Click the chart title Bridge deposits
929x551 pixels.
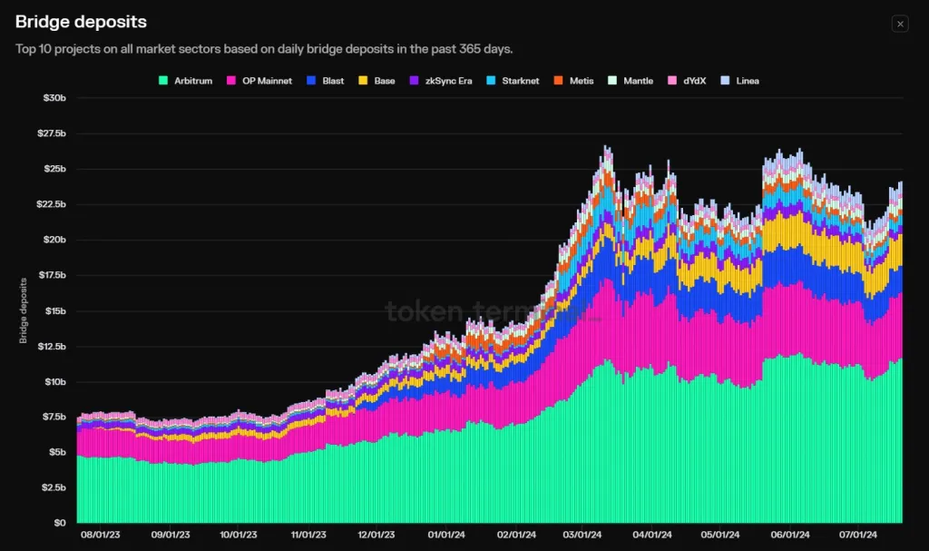coord(81,22)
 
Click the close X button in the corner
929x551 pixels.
coord(900,24)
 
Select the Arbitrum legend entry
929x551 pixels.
coord(186,81)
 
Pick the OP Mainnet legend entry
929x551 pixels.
coord(260,81)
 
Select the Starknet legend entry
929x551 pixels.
coord(513,81)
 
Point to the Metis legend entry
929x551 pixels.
coord(575,81)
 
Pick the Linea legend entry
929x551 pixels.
coord(740,81)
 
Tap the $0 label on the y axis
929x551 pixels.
coord(59,523)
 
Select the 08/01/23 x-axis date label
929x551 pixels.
coord(97,536)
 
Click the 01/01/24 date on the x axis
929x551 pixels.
coord(445,536)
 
